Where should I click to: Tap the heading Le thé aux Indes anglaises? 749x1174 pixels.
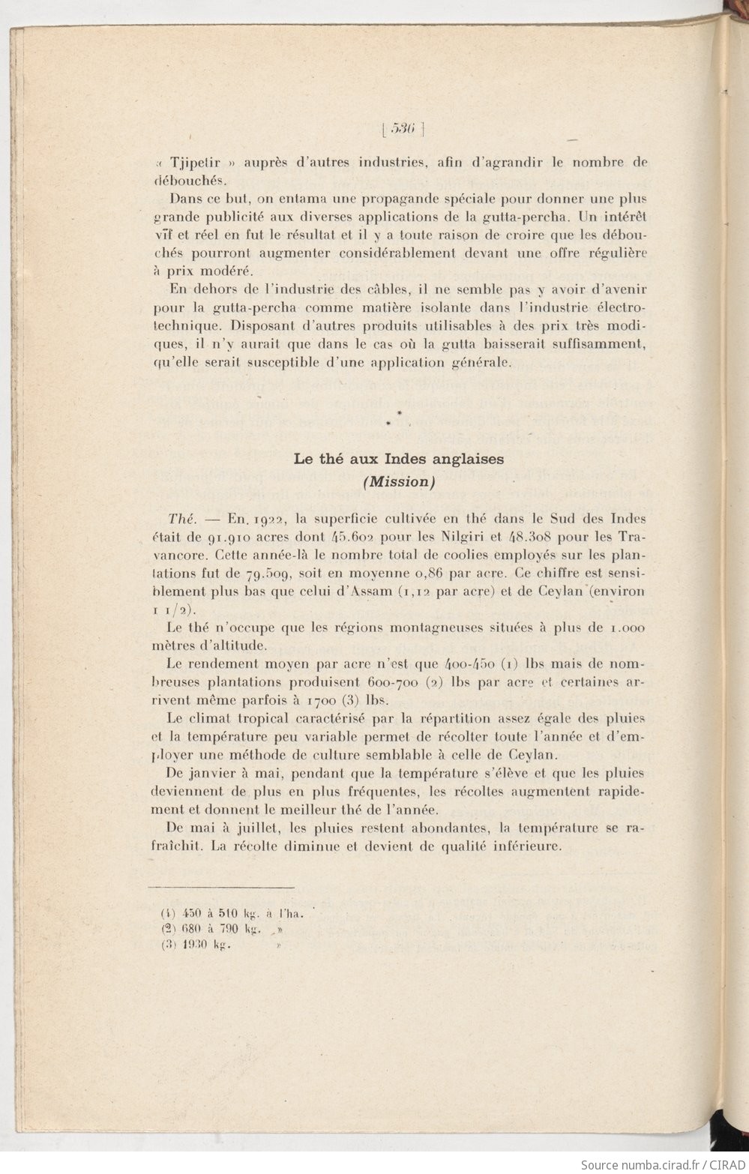[398, 459]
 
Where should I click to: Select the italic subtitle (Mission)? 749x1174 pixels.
[398, 482]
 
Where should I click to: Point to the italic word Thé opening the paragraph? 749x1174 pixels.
[181, 519]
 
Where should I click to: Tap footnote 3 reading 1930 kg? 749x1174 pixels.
[195, 945]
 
